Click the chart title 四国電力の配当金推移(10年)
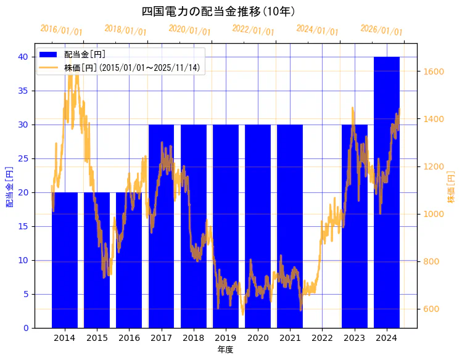[x=218, y=12]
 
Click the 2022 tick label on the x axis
[x=322, y=338]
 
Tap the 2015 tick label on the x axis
[x=97, y=338]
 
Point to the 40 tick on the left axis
[x=23, y=57]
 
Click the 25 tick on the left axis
[x=23, y=158]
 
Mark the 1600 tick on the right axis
[x=434, y=72]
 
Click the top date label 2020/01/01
[x=189, y=30]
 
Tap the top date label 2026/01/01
[x=381, y=30]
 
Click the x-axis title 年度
[x=225, y=350]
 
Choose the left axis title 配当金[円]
[x=9, y=186]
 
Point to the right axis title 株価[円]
[x=452, y=186]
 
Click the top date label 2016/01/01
[x=61, y=30]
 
